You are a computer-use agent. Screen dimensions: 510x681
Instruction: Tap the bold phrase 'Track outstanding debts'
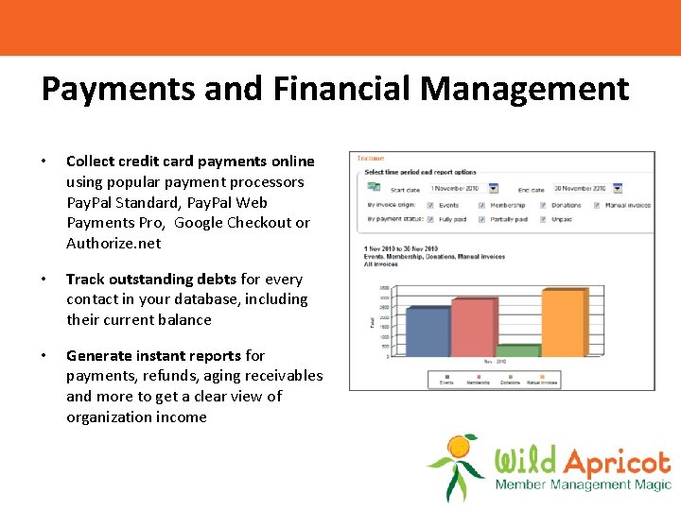(x=151, y=279)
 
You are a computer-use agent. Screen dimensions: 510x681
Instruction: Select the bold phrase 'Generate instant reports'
(x=154, y=355)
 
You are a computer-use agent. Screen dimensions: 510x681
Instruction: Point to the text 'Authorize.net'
(x=113, y=243)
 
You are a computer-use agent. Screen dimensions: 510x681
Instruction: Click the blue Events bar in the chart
(x=427, y=331)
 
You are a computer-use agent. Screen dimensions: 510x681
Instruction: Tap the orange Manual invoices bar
(x=562, y=323)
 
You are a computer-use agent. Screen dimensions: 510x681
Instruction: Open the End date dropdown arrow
(x=617, y=189)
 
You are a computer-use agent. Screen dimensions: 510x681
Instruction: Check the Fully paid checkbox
(x=429, y=220)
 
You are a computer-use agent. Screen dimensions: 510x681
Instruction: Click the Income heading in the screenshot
(x=370, y=160)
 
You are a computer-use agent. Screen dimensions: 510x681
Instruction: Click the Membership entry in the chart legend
(x=477, y=382)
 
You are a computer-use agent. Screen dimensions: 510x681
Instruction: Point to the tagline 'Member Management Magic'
(x=582, y=485)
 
